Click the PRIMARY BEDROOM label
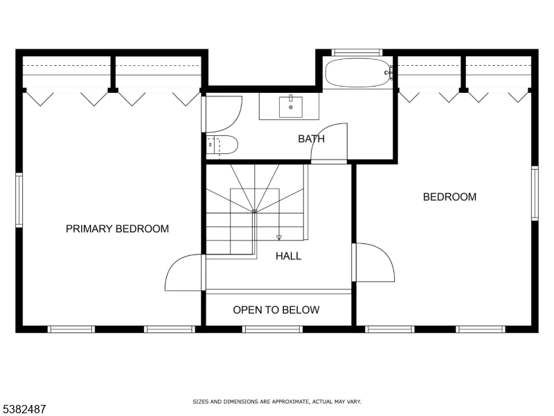coord(117,229)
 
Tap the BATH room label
coord(311,139)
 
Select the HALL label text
coord(288,256)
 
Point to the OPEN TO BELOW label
coord(276,310)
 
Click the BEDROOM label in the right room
coord(449,197)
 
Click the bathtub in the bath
coord(357,72)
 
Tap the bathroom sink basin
coord(290,107)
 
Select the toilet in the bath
coord(223,146)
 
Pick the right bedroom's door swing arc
coord(375,263)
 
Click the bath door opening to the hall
coord(330,144)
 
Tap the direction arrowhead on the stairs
coord(279,237)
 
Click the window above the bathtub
coord(357,53)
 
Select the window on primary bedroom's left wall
coord(19,200)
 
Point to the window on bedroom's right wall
coord(535,193)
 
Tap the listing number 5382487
coord(24,409)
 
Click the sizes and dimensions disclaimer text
coord(276,401)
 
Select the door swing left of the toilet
coord(223,114)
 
